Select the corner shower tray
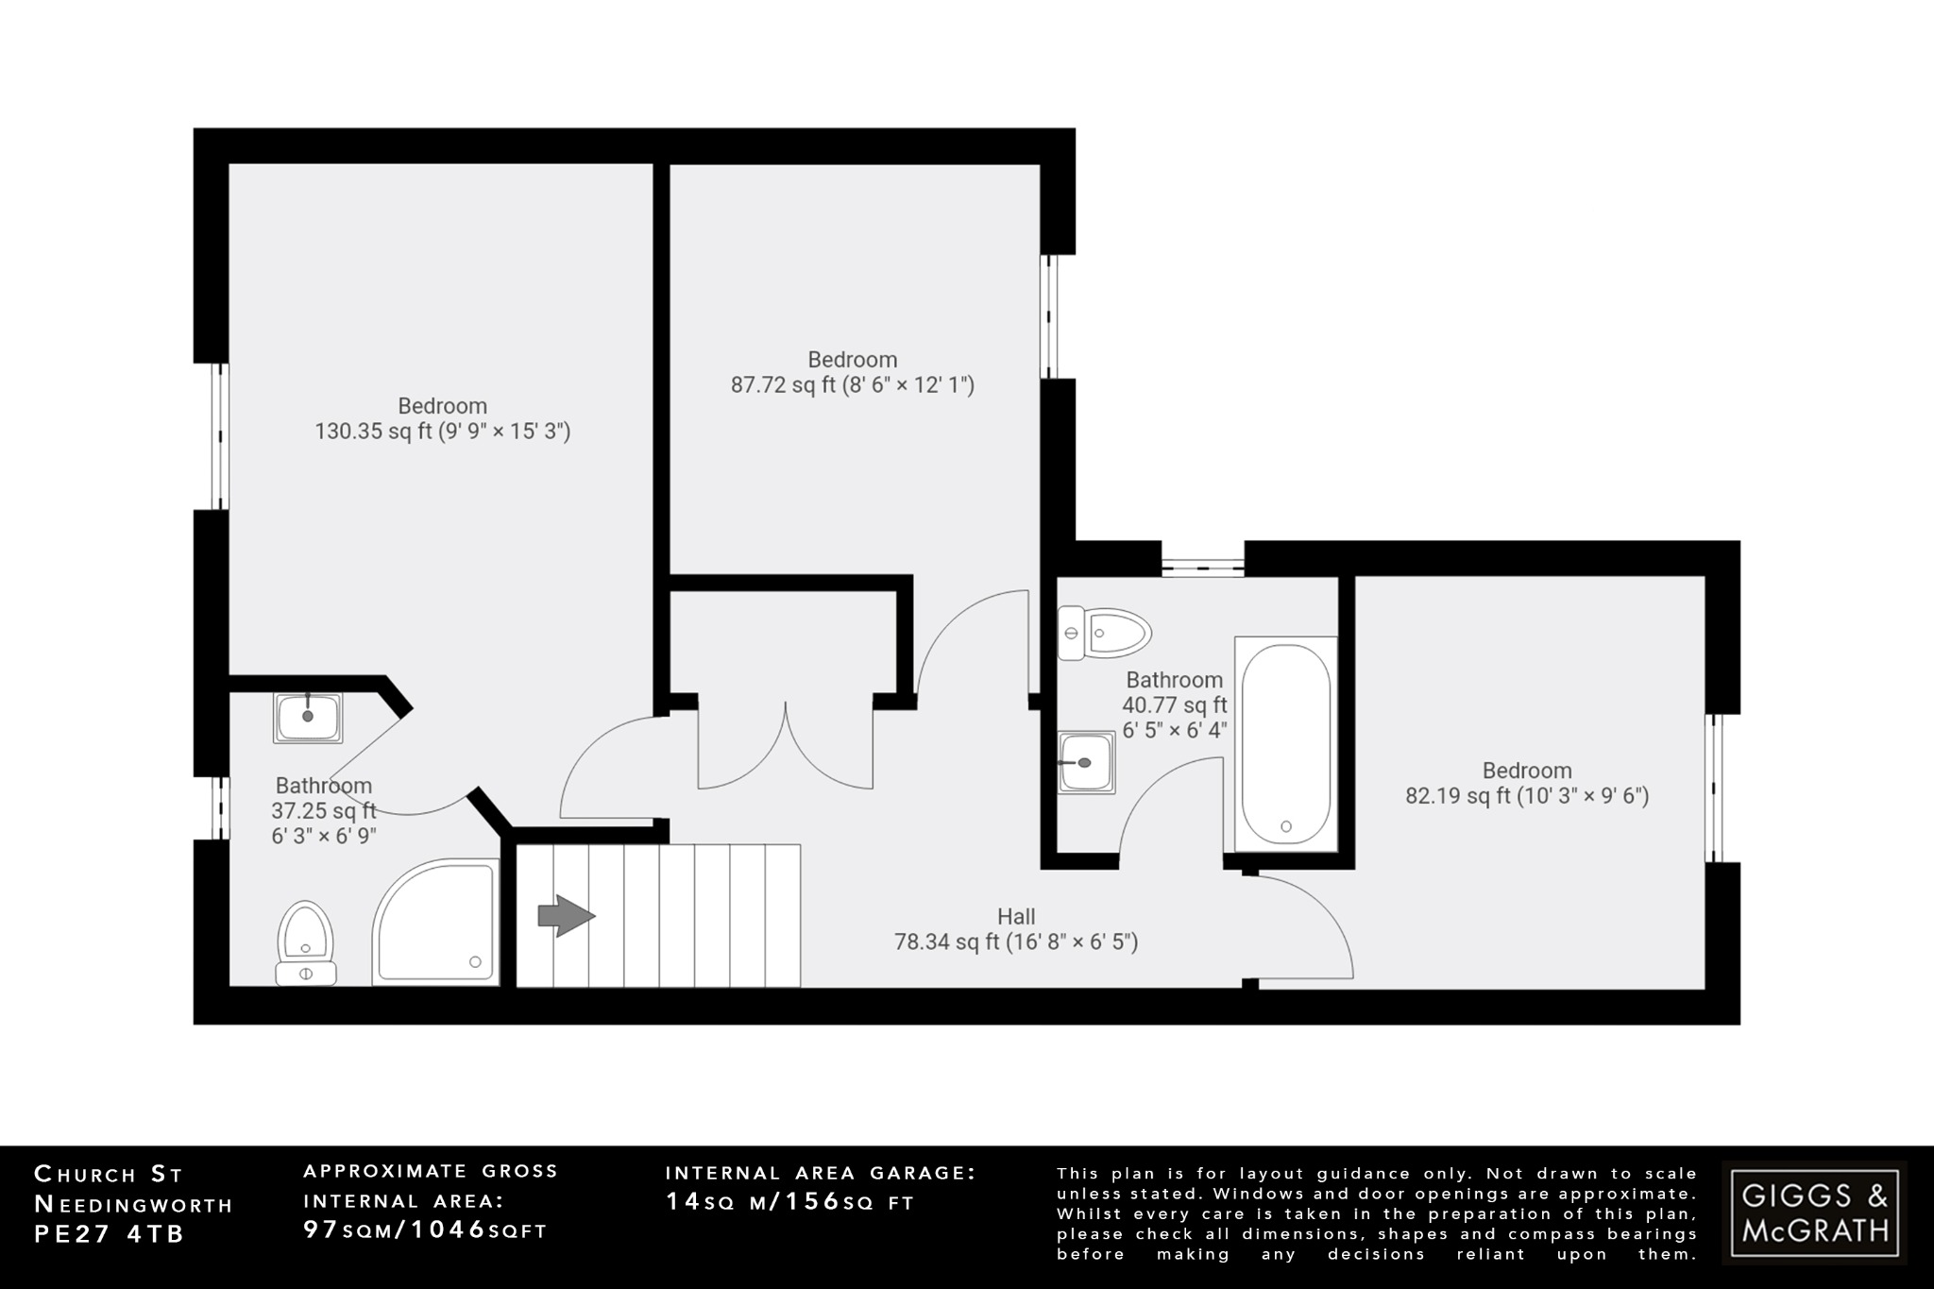[435, 924]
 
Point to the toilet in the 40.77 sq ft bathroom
[1104, 632]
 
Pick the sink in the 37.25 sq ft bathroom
[308, 718]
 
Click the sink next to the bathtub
[1086, 762]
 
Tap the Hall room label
[1016, 916]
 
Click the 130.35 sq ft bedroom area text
[442, 432]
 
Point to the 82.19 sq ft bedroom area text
[1527, 796]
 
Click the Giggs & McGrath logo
[1814, 1213]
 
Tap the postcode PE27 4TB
[110, 1234]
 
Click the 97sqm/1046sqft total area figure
[425, 1230]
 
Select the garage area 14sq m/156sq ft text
[790, 1201]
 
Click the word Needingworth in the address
[133, 1204]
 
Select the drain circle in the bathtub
[1285, 825]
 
